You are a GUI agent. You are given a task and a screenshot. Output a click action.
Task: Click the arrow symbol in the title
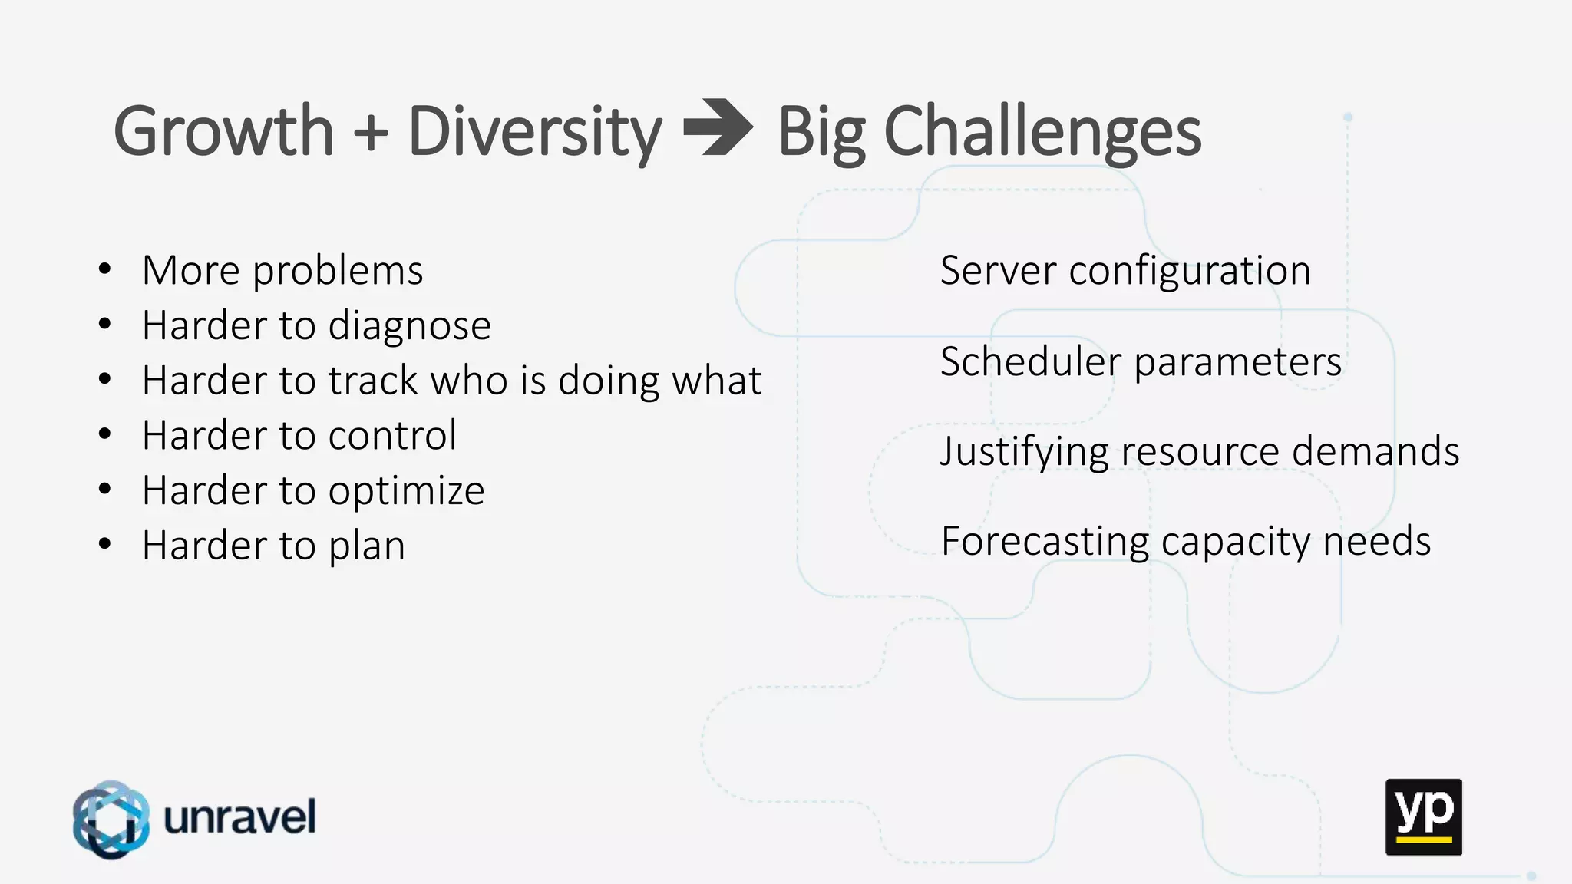718,128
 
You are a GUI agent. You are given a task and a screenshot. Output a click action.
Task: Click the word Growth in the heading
223,131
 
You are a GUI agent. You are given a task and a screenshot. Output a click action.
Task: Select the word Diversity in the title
534,133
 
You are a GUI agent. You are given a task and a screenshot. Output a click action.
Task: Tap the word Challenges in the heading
1042,133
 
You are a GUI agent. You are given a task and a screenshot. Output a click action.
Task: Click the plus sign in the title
372,133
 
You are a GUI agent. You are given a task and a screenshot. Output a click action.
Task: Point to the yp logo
1423,816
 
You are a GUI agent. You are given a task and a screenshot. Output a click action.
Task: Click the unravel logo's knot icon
111,819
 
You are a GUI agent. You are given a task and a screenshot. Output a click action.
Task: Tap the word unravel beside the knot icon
239,816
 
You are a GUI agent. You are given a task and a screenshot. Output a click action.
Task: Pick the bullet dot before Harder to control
105,434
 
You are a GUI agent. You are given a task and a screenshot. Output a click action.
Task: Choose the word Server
998,271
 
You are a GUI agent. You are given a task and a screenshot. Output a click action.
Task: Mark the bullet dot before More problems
105,269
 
